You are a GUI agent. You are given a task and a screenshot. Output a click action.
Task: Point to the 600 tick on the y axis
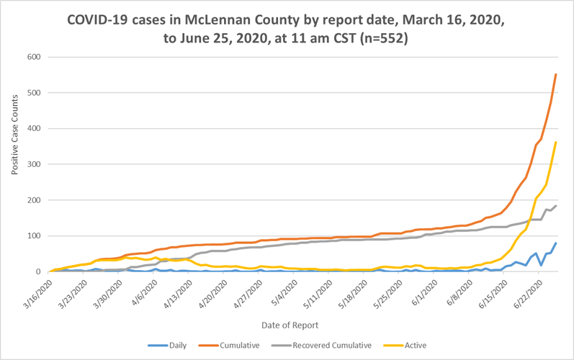point(35,57)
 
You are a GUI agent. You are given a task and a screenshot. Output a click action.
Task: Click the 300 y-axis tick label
point(35,164)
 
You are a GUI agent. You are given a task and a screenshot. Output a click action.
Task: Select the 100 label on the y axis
point(35,236)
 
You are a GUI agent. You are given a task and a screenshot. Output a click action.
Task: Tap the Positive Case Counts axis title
point(14,164)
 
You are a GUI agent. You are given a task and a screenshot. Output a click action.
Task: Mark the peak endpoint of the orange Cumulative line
point(556,74)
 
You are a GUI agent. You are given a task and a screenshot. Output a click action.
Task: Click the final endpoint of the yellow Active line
point(556,142)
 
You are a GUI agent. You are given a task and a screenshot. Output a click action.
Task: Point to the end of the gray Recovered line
point(556,206)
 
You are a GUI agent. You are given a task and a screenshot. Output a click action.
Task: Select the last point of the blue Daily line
point(556,243)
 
